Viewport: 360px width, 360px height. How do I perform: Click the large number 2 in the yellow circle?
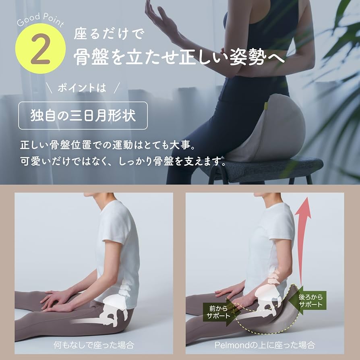pyautogui.click(x=40, y=49)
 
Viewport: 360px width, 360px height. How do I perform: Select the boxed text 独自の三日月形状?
pyautogui.click(x=83, y=116)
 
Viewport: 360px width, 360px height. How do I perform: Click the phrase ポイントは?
pyautogui.click(x=82, y=88)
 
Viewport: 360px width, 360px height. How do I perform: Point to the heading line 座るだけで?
pyautogui.click(x=109, y=34)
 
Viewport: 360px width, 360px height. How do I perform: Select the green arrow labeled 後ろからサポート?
pyautogui.click(x=307, y=300)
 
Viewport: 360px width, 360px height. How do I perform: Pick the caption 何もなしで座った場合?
pyautogui.click(x=94, y=345)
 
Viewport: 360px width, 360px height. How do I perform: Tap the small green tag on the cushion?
pyautogui.click(x=266, y=106)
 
